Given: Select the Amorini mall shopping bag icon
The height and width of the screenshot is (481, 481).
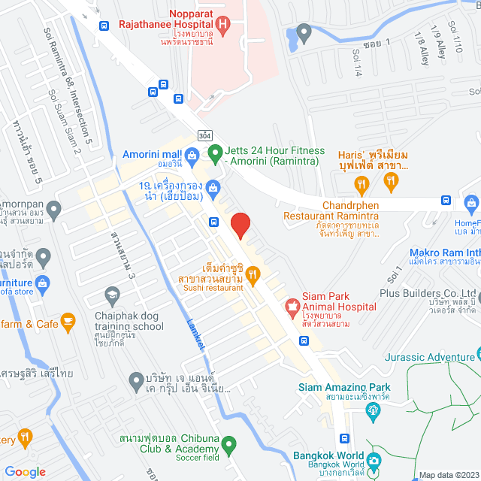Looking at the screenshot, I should [192, 156].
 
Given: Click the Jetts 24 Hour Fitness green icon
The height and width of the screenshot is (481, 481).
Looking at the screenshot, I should [214, 156].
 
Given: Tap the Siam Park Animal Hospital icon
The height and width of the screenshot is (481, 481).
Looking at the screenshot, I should [291, 306].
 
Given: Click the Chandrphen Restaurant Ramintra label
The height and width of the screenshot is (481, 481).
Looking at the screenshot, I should [331, 210].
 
